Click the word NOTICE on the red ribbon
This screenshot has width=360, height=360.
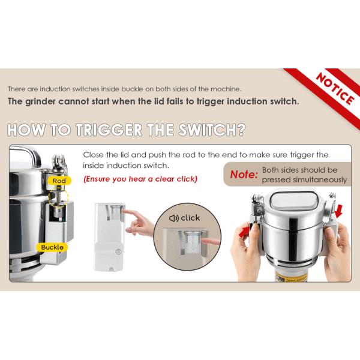[335, 89]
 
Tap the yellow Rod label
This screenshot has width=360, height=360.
[59, 181]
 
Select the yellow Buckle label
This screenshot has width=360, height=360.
[52, 247]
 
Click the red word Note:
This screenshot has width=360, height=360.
[244, 175]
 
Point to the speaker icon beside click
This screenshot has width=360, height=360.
[174, 218]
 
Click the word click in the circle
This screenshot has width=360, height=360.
[190, 218]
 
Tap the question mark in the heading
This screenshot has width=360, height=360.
[241, 130]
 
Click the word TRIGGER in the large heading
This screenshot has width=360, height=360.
[109, 130]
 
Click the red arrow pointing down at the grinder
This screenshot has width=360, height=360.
[339, 211]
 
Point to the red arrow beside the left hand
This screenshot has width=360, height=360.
[245, 232]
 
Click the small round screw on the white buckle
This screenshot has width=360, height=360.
[118, 251]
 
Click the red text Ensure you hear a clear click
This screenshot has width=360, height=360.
[140, 179]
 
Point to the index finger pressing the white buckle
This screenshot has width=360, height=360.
[131, 212]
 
